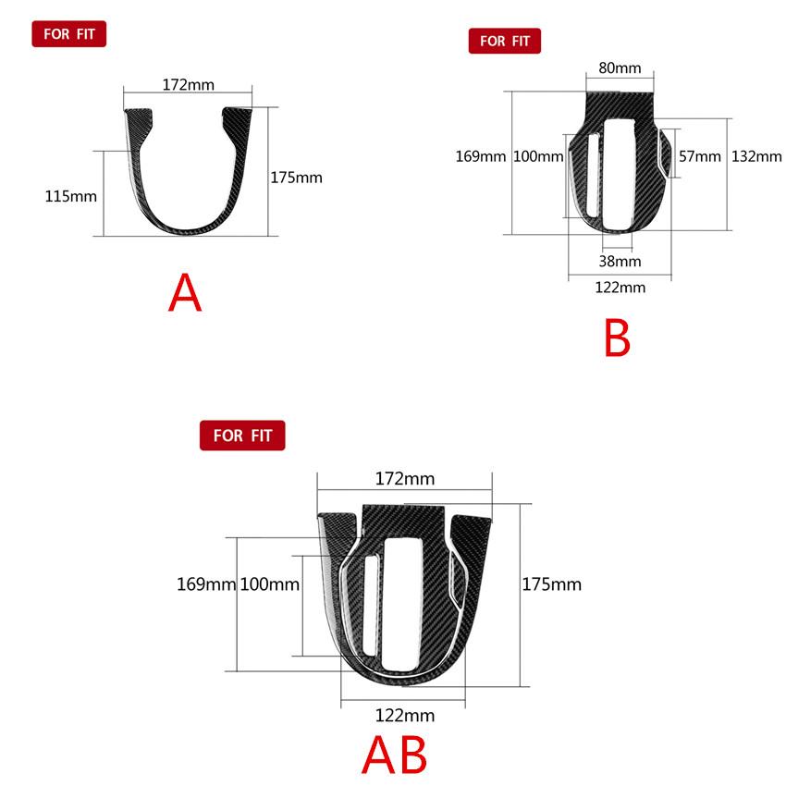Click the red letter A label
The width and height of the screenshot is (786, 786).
[185, 293]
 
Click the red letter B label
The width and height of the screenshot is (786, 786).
[617, 338]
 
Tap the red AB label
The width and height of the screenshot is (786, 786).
[395, 755]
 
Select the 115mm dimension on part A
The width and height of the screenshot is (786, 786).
[70, 196]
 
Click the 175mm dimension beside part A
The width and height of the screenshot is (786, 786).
[296, 178]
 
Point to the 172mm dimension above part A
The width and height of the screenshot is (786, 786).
[188, 85]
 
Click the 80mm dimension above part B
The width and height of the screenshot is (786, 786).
[620, 68]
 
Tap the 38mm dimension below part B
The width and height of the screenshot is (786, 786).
[620, 261]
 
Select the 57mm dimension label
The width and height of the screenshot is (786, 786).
[700, 156]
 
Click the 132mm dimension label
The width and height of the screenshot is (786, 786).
[756, 156]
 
